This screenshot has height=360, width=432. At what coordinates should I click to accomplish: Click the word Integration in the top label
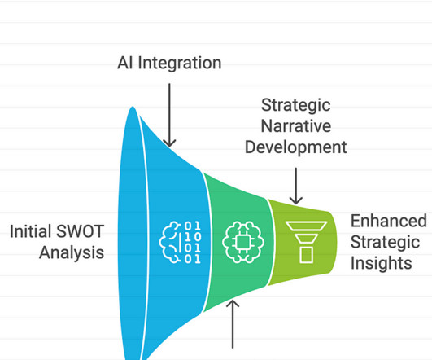coord(179,64)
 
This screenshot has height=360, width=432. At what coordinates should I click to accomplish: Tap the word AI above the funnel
coord(125,63)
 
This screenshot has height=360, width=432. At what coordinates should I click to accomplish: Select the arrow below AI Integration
coord(169,115)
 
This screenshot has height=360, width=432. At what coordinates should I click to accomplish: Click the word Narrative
coord(296,126)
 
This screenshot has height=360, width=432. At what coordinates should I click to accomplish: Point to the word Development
coord(296,147)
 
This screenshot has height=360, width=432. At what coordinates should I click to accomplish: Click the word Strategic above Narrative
coord(296,105)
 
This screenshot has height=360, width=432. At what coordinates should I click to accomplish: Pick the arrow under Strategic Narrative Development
coord(296,186)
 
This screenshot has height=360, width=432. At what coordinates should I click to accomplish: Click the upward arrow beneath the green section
coord(233,324)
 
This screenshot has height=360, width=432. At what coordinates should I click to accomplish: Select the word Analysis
coord(72,252)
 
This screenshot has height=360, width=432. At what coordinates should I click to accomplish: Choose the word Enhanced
coord(389,221)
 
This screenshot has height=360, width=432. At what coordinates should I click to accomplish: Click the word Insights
coord(382,263)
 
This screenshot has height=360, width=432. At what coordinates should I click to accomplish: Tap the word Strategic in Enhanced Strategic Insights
coord(385,242)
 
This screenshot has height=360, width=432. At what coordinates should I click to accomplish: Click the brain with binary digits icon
coord(180,242)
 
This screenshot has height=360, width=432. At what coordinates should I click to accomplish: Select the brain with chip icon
coord(243,242)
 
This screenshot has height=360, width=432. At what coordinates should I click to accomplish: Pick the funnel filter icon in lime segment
coord(306,242)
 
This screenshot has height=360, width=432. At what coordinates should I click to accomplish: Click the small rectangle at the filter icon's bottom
coord(306,255)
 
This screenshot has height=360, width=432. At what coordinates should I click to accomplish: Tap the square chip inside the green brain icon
coord(242,243)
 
